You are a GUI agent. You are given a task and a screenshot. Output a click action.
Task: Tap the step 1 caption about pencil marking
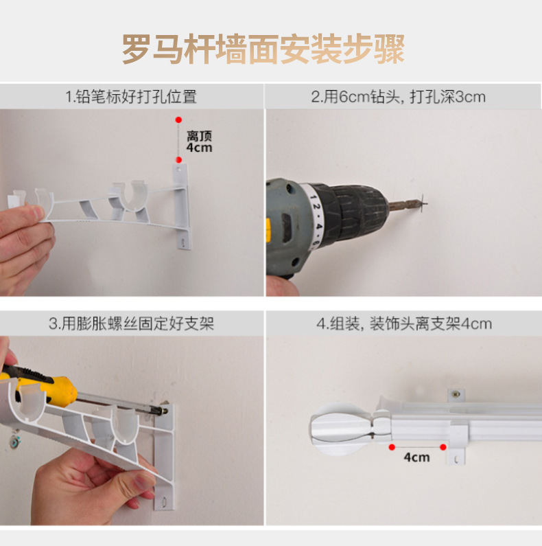[x=131, y=96]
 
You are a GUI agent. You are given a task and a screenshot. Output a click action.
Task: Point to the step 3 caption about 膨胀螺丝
[x=131, y=323]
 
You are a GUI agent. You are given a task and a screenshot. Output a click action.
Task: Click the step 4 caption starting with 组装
[x=403, y=323]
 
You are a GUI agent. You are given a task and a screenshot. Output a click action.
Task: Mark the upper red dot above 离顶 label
[x=178, y=120]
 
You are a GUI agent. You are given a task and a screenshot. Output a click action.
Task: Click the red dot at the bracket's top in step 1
[x=179, y=160]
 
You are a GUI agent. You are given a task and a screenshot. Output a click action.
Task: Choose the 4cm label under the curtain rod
[x=416, y=457]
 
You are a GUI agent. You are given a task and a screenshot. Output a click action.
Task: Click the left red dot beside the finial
[x=392, y=446]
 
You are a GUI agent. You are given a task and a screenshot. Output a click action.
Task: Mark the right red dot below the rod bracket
[x=444, y=446]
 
